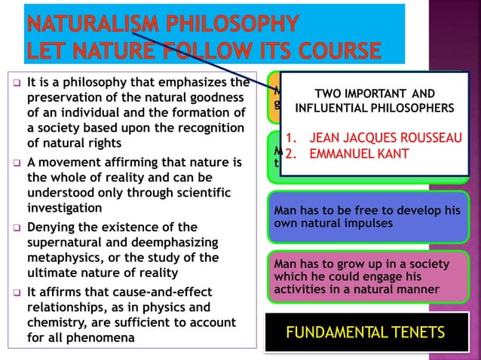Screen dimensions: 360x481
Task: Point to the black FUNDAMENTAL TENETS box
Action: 366,331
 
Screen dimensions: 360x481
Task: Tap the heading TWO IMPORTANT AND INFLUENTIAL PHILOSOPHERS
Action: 374,101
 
